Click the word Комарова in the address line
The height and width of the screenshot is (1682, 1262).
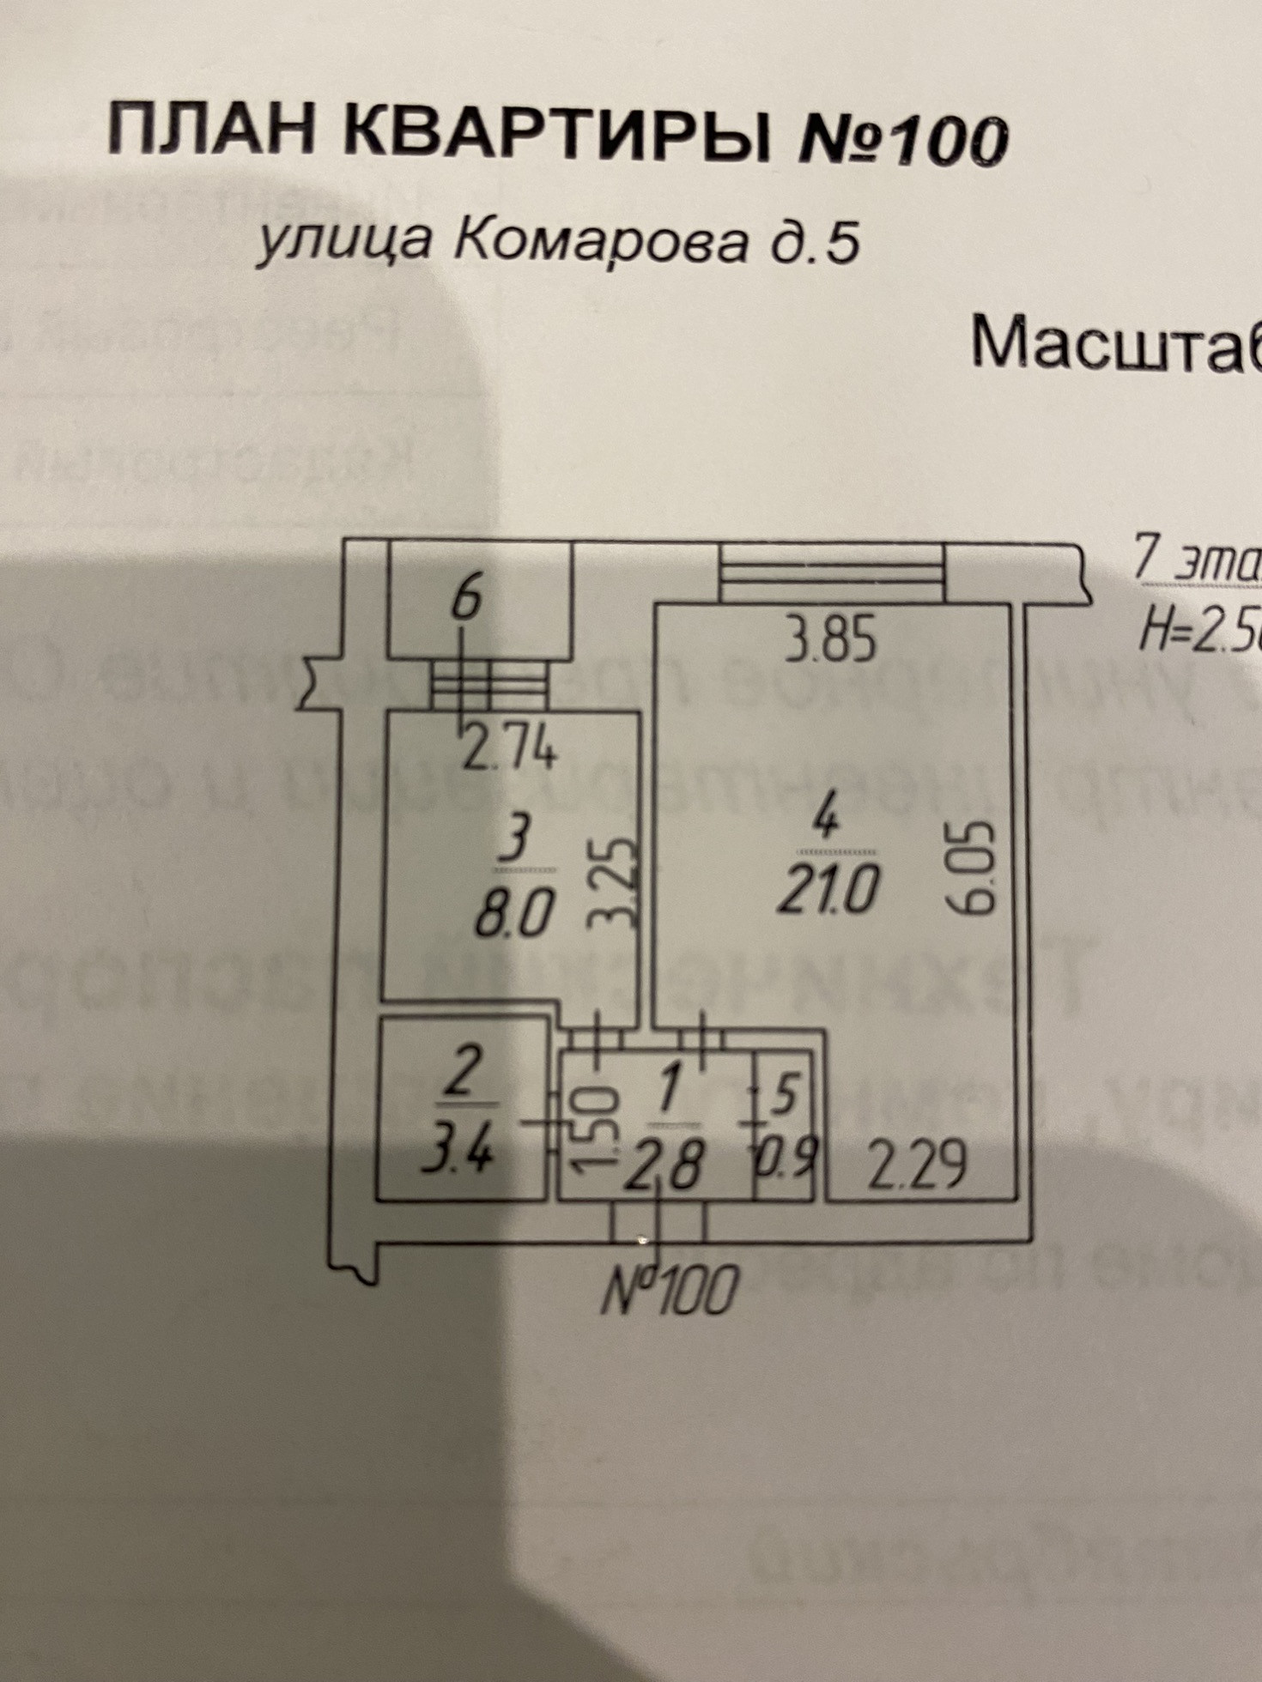600,243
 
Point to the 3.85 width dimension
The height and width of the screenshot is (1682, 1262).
832,641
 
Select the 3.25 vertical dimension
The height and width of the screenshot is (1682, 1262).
616,885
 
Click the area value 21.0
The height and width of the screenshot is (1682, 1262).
827,890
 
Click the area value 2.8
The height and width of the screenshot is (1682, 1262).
664,1165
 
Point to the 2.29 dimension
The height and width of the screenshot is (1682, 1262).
916,1164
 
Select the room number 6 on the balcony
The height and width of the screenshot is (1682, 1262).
467,598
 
